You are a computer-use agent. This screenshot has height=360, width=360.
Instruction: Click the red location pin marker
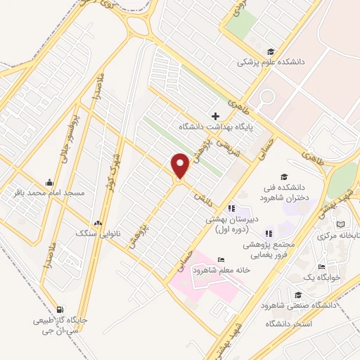180,166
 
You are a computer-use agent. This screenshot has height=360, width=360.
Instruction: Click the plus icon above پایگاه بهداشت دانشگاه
215,115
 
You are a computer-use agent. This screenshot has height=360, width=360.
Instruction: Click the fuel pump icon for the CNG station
60,309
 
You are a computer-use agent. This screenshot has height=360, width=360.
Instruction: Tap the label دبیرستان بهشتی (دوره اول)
232,224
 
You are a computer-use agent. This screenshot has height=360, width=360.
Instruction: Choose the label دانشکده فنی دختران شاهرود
283,191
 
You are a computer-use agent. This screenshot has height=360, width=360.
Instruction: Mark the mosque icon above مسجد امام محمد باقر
49,181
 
